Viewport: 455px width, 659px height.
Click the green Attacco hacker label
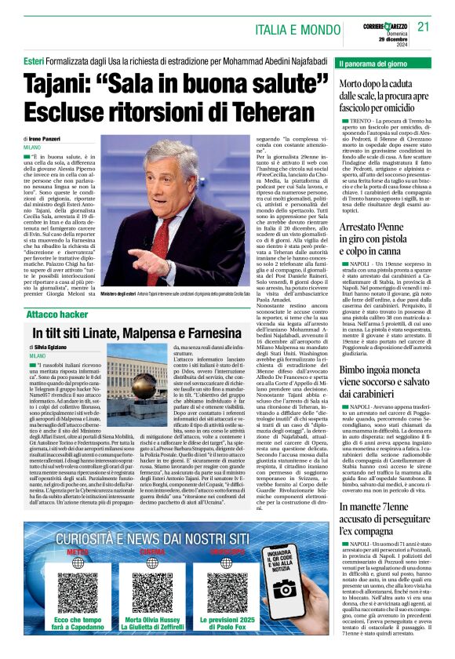point(56,314)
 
